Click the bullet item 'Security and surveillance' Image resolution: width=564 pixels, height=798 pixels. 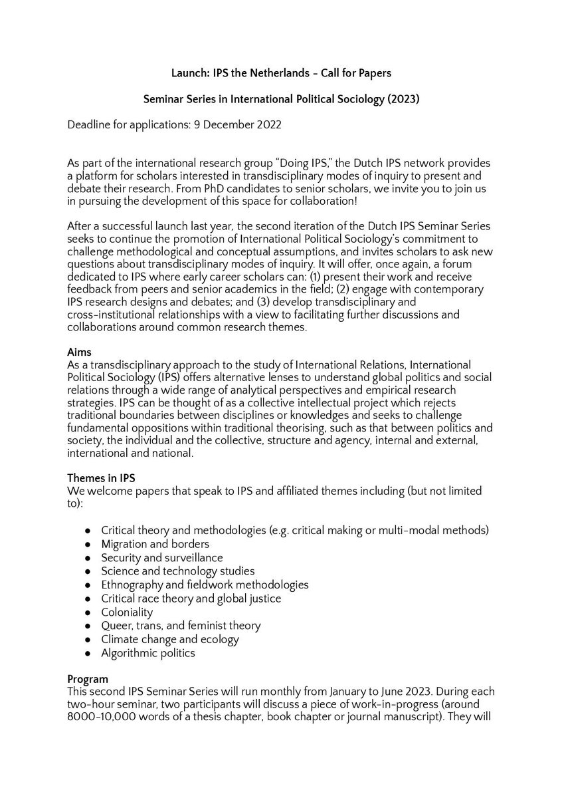point(161,557)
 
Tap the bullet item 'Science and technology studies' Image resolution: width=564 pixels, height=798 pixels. point(177,571)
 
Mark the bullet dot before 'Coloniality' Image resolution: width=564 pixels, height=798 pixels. point(88,612)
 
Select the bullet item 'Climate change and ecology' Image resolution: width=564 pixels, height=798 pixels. point(169,639)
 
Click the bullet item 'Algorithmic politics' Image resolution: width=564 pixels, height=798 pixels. point(148,652)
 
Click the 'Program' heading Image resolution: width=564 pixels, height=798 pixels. point(86,680)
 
